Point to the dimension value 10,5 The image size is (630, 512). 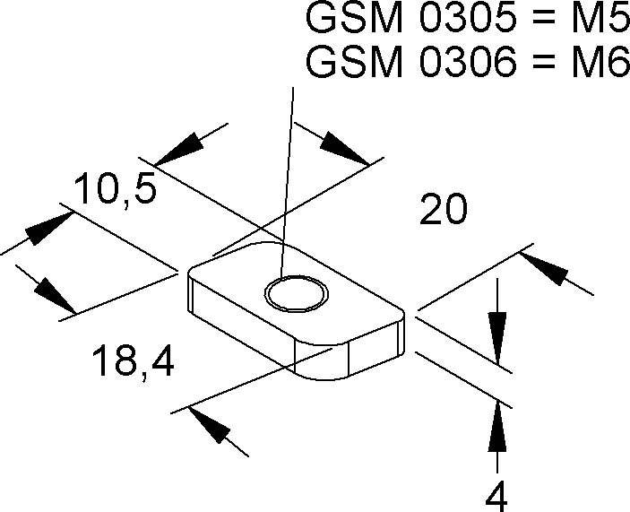coord(116,191)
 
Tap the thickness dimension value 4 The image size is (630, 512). coord(499,492)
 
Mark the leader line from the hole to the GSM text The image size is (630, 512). coord(287,179)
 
